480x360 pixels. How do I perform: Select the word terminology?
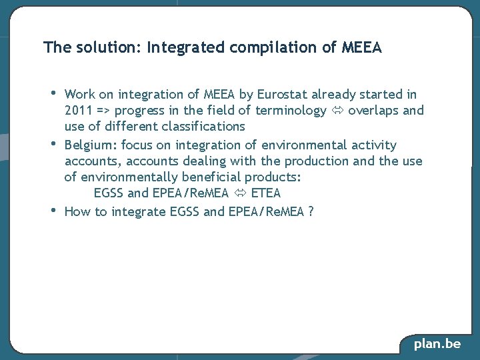pyautogui.click(x=291, y=111)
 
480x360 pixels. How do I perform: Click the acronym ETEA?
pyautogui.click(x=266, y=193)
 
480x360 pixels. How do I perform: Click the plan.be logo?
pyautogui.click(x=437, y=344)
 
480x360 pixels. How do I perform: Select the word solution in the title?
pyautogui.click(x=103, y=48)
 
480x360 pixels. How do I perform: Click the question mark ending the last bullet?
pyautogui.click(x=312, y=212)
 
